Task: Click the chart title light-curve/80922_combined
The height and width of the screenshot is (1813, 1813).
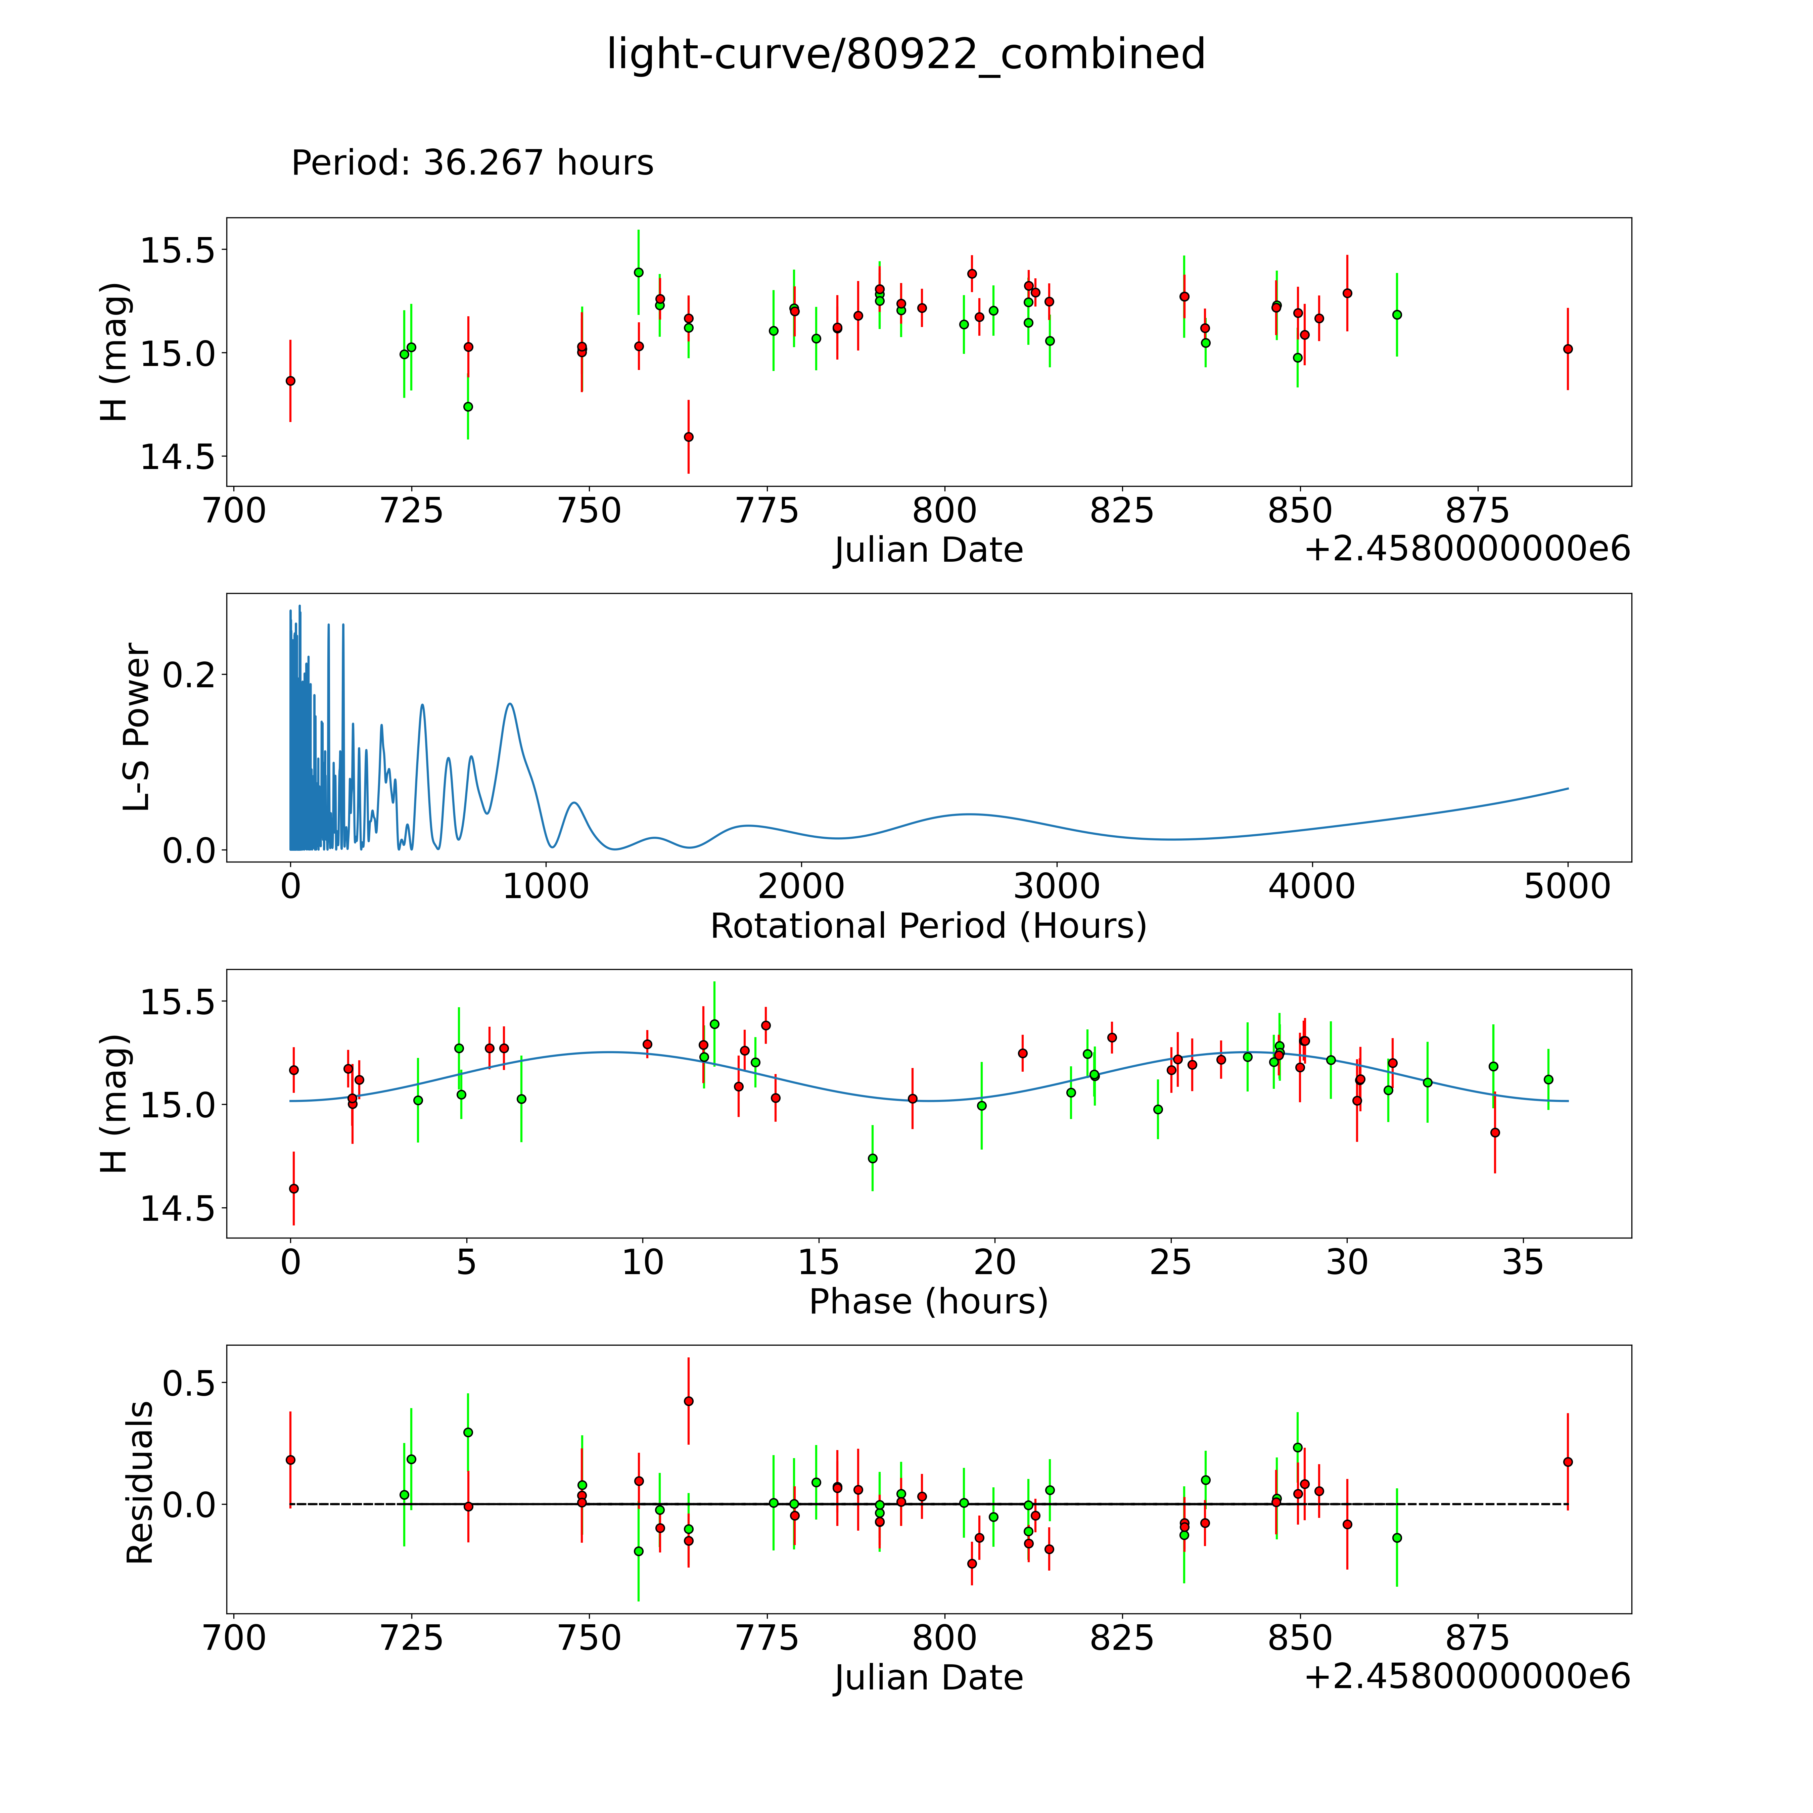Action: point(905,54)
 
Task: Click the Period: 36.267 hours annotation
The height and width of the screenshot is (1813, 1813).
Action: point(472,163)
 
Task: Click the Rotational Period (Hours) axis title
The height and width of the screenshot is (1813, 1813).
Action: point(928,926)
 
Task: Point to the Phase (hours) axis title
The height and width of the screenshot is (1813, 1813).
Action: point(928,1302)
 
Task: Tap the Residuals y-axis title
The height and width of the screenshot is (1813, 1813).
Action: point(139,1483)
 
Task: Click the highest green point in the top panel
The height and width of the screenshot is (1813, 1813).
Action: point(638,272)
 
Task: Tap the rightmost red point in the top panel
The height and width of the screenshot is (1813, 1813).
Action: point(1567,349)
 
